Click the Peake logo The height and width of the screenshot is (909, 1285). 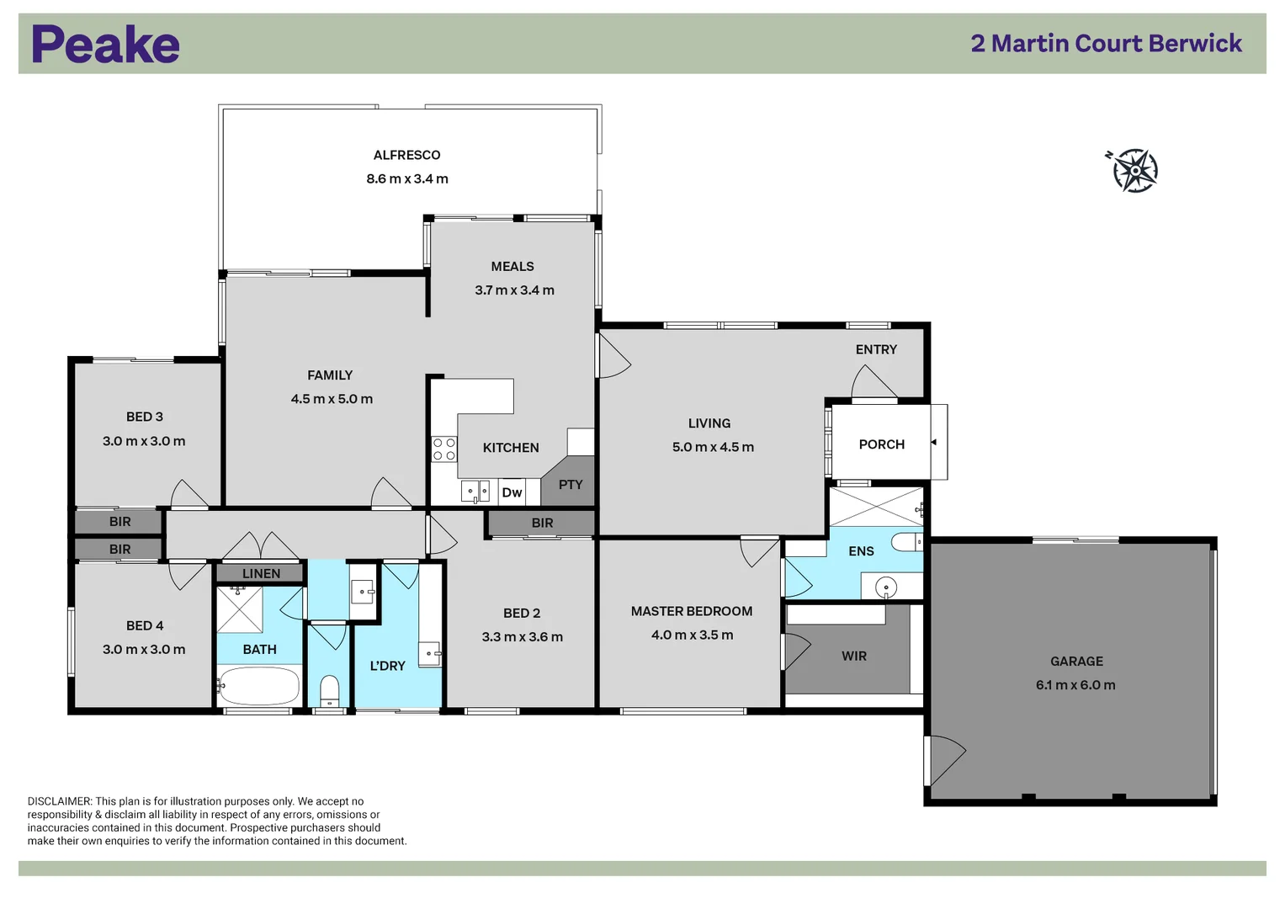(105, 45)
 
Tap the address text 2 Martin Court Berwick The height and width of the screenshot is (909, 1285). (1106, 44)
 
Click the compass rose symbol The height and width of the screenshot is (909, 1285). (1134, 171)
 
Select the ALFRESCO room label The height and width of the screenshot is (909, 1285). (406, 155)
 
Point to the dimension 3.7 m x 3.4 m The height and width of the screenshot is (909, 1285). (514, 290)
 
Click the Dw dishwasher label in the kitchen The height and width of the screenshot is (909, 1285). (512, 492)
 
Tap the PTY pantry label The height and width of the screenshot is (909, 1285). (570, 485)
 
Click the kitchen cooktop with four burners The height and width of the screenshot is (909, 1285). (444, 449)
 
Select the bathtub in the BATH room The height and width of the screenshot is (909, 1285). (259, 686)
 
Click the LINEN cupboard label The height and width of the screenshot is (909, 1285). (261, 574)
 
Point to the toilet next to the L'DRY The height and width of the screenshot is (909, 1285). (329, 691)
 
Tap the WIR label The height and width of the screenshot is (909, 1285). (853, 656)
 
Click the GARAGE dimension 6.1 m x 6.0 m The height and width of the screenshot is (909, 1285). (1075, 685)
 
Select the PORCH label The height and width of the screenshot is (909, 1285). (881, 444)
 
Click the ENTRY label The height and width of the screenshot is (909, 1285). (876, 349)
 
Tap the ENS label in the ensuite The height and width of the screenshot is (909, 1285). (861, 551)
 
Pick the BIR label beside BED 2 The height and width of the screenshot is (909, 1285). (542, 524)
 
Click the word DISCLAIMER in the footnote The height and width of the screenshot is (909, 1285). (59, 801)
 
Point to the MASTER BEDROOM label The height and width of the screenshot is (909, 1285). (691, 611)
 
